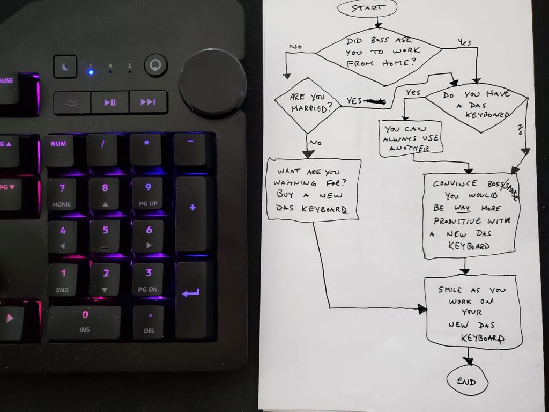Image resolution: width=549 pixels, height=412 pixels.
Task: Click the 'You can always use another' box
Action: [411, 138]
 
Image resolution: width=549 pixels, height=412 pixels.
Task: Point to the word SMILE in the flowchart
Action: [450, 290]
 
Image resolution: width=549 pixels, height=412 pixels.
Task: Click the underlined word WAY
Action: [462, 208]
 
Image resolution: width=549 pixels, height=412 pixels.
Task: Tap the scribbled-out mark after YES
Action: [375, 101]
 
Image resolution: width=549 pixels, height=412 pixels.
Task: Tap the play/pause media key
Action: [110, 102]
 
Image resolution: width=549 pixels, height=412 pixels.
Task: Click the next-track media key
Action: [148, 102]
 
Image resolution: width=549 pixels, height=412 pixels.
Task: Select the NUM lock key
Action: [58, 150]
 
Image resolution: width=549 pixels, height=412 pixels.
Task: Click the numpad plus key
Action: [192, 214]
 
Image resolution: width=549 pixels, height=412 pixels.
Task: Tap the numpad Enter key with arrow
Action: [191, 299]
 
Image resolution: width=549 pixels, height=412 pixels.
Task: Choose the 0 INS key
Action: [84, 322]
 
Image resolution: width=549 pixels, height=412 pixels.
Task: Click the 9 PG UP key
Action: [148, 194]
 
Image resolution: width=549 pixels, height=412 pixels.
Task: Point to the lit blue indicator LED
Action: [91, 72]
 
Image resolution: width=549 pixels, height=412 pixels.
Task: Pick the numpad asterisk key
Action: [147, 149]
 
